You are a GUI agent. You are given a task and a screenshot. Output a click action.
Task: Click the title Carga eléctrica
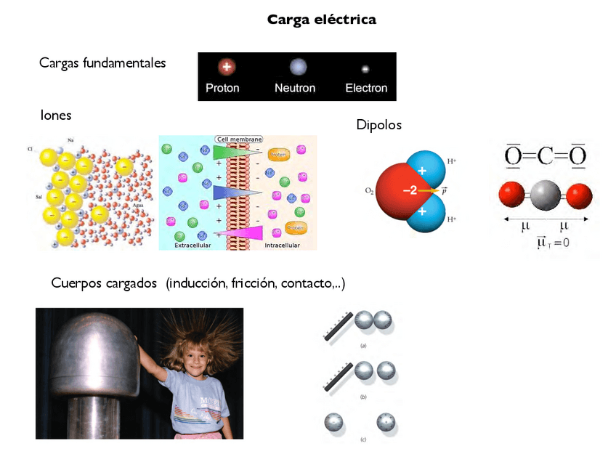pyautogui.click(x=322, y=20)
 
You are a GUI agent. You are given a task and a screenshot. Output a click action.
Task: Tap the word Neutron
pyautogui.click(x=295, y=88)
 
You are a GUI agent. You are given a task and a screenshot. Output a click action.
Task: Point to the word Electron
pyautogui.click(x=366, y=88)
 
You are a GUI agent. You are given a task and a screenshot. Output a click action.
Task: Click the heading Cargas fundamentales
pyautogui.click(x=102, y=63)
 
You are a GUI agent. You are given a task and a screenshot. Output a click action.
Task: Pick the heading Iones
pyautogui.click(x=56, y=115)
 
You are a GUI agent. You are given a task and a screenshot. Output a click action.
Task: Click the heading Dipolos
pyautogui.click(x=378, y=126)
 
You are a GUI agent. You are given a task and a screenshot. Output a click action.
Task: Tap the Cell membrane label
pyautogui.click(x=239, y=139)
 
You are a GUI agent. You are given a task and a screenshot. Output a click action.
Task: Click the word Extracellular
pyautogui.click(x=192, y=246)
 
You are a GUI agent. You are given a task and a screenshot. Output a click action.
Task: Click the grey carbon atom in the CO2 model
pyautogui.click(x=546, y=195)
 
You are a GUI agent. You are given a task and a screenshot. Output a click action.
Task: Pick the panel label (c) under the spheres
pyautogui.click(x=362, y=439)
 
